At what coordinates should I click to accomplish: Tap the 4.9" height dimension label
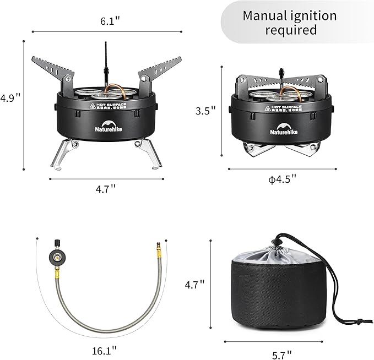pyautogui.click(x=10, y=99)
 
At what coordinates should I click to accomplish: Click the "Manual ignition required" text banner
pyautogui.click(x=290, y=22)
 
